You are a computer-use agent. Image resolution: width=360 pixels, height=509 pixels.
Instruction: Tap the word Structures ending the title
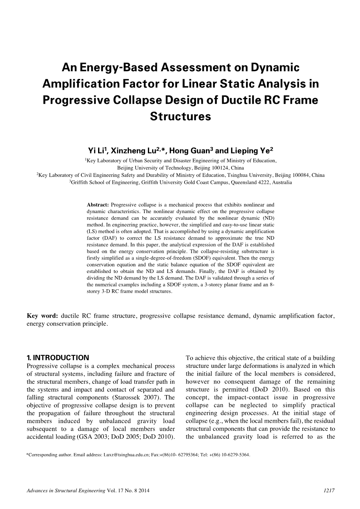[180, 116]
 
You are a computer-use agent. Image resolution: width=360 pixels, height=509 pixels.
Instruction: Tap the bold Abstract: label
[98, 205]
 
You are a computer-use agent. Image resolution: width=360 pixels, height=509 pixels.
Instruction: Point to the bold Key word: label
[42, 316]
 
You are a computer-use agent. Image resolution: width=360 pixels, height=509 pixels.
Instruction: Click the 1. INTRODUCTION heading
[58, 358]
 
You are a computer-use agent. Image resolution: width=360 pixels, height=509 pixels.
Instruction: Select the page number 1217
[329, 491]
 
